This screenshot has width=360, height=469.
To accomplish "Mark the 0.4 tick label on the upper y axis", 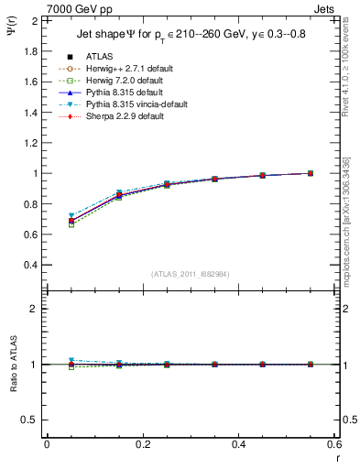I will click(x=30, y=265).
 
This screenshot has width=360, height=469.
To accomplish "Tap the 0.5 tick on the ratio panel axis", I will click(x=30, y=420).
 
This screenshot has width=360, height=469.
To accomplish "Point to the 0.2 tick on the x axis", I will click(x=143, y=444).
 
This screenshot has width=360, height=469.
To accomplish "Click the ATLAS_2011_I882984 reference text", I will click(x=190, y=274).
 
